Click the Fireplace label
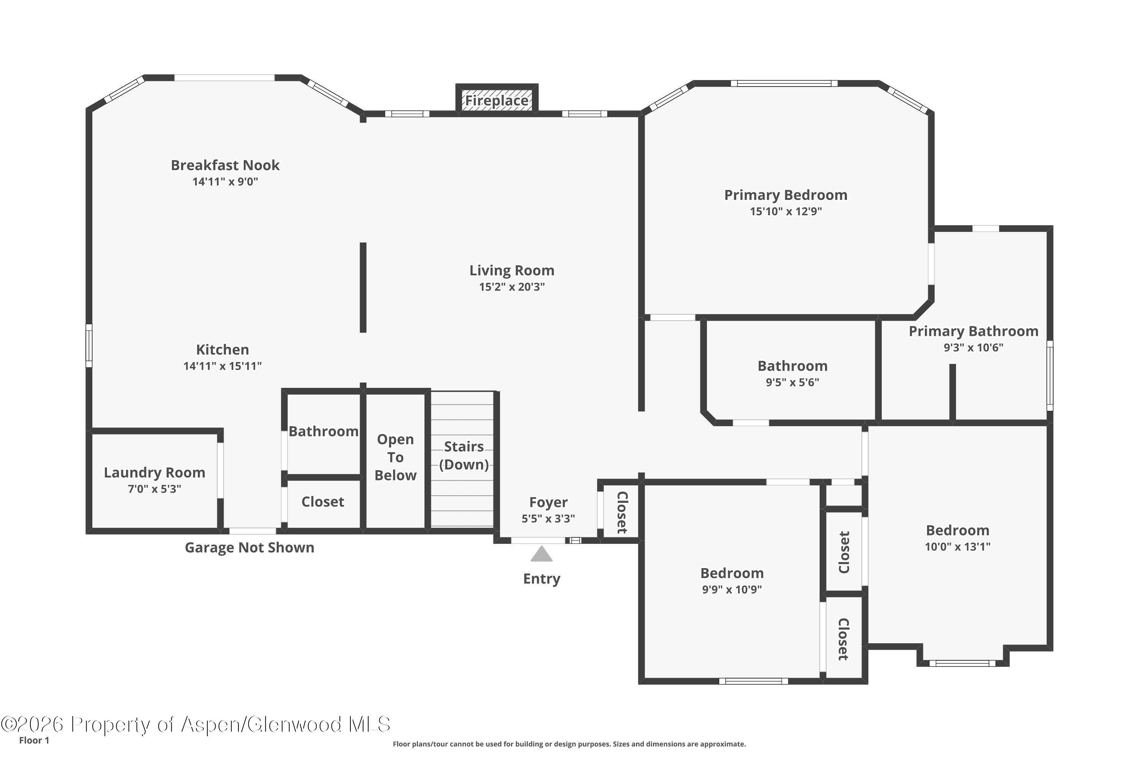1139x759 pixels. point(497,101)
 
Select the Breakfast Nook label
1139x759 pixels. point(225,165)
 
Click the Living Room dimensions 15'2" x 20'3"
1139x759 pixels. point(512,287)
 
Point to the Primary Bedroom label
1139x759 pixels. point(786,195)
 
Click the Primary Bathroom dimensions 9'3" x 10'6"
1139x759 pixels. point(973,347)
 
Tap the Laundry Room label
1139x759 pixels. point(155,472)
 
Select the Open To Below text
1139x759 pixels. point(396,457)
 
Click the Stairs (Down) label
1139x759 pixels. point(464,455)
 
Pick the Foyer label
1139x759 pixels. point(548,502)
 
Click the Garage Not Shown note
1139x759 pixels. point(249,548)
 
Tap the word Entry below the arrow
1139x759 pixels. point(542,579)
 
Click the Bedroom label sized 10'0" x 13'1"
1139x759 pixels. point(958,531)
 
